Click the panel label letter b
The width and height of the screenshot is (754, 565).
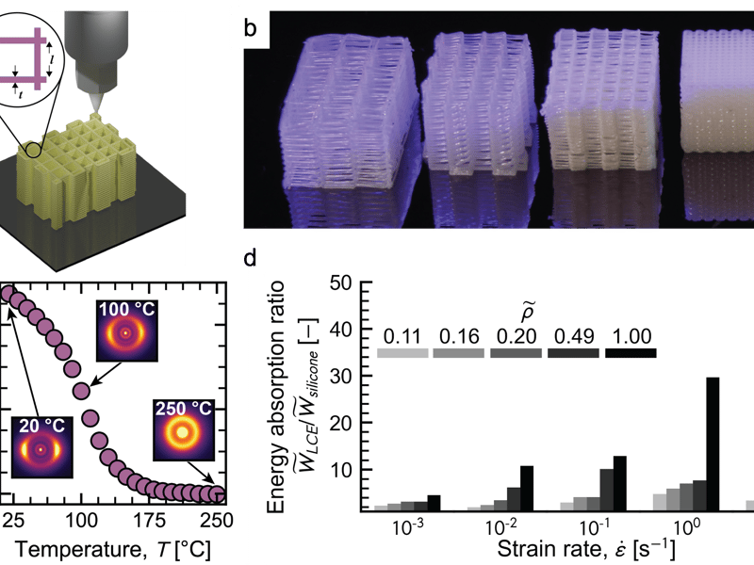tap(250, 27)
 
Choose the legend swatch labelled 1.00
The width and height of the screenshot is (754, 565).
tap(631, 353)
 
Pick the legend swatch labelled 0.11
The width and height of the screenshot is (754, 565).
tap(402, 353)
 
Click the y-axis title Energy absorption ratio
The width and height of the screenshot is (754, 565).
tap(276, 395)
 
